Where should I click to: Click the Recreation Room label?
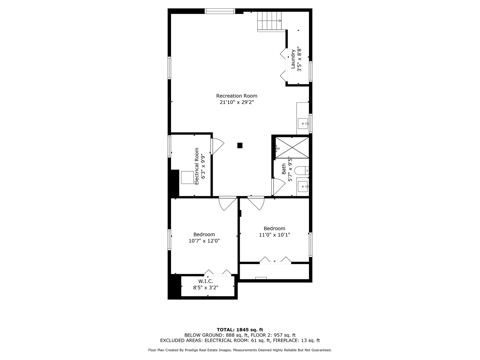[x=237, y=96]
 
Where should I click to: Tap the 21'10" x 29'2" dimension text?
[x=237, y=102]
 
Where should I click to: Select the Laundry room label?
[x=293, y=59]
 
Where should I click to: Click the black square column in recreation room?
[x=240, y=145]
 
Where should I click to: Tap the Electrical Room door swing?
[x=218, y=146]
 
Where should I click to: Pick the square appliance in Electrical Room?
[x=187, y=177]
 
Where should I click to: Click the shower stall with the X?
[x=292, y=148]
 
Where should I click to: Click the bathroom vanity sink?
[x=303, y=186]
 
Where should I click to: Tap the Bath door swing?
[x=278, y=187]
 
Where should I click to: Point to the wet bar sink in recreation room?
[x=303, y=123]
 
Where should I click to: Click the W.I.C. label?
[x=206, y=281]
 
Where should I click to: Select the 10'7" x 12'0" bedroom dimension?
[x=204, y=241]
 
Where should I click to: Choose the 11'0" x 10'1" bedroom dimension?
[x=274, y=235]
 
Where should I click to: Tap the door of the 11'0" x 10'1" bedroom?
[x=256, y=203]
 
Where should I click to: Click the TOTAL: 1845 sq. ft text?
[x=240, y=330]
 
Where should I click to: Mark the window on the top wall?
[x=220, y=11]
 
